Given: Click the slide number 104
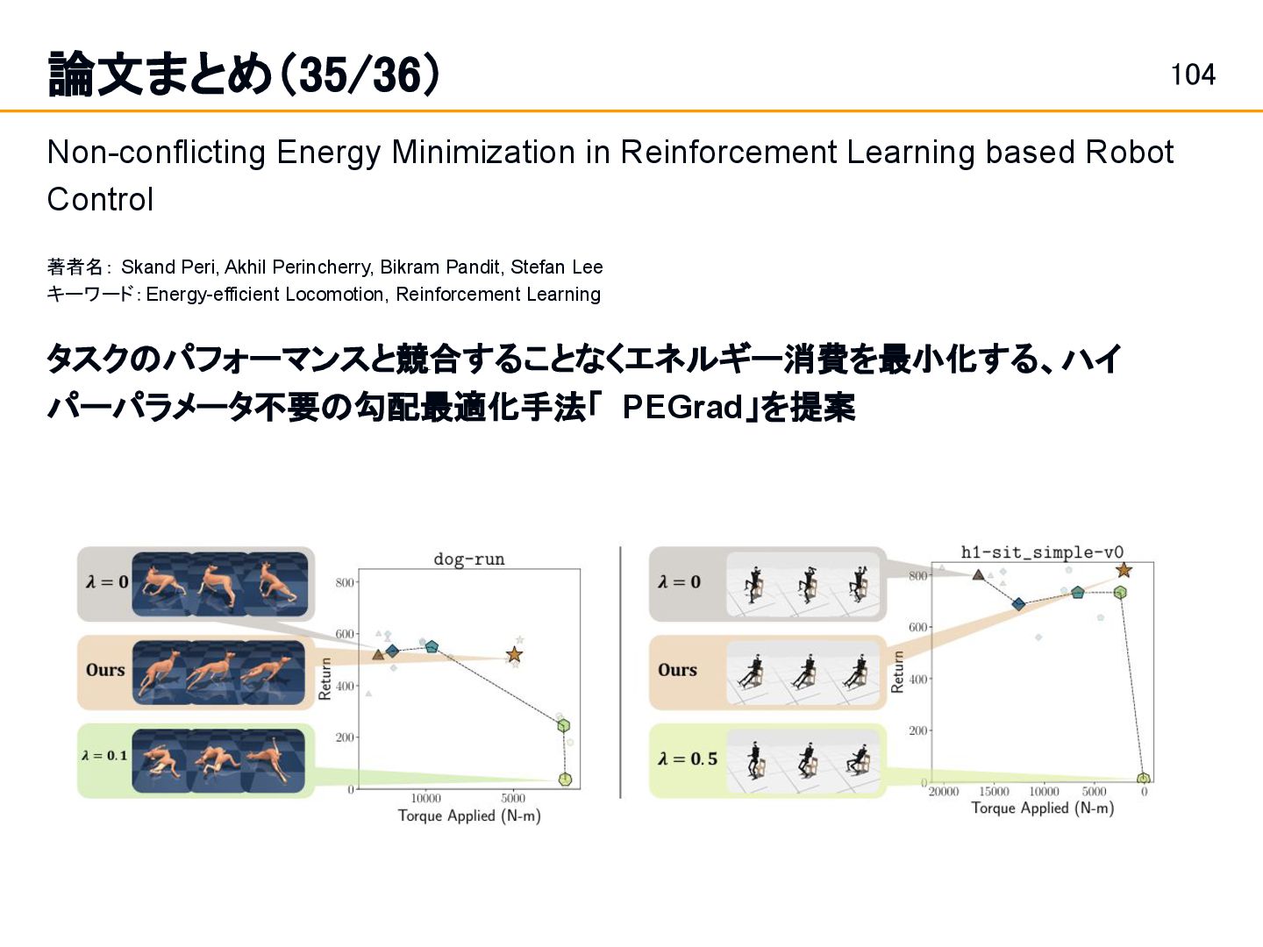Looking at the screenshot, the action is (1193, 75).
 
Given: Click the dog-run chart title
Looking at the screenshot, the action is (469, 559).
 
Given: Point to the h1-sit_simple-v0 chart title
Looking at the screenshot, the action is (1042, 552).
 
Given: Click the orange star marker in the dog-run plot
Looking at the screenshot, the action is (515, 654).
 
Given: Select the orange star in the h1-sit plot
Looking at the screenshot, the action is (1124, 571).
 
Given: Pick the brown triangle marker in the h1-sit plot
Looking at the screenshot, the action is (978, 575).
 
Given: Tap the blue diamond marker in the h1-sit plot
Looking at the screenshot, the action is (1018, 604).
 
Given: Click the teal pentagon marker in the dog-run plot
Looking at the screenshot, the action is (432, 647).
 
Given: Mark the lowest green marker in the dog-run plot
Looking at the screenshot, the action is (565, 779).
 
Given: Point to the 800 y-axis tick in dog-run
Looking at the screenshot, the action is (345, 582).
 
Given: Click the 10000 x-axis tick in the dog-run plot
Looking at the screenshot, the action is (426, 798).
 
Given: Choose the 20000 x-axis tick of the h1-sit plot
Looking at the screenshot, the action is (944, 792).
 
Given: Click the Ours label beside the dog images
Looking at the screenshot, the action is (105, 670).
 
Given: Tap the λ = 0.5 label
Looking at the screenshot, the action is (688, 758).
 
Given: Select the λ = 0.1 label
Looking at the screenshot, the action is (104, 755).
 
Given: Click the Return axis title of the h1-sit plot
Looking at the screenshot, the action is (896, 672).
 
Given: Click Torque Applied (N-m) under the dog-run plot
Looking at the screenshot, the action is (469, 815).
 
